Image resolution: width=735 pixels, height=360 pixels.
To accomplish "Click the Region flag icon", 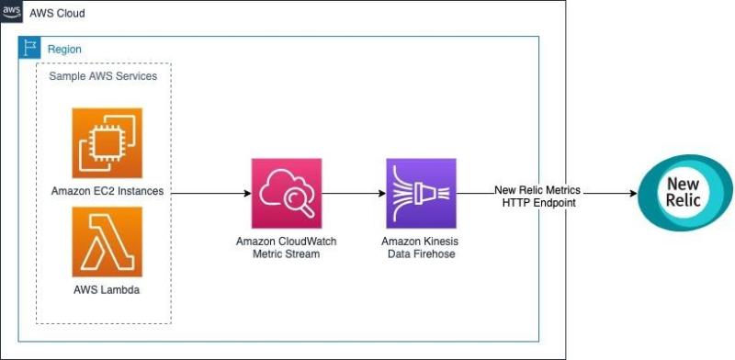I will pos(31,48).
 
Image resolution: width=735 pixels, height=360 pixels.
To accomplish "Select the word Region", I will pos(64,49).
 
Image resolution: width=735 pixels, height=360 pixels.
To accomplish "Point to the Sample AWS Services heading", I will pos(103,76).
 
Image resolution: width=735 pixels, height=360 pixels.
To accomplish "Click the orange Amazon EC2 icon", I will pos(107,141).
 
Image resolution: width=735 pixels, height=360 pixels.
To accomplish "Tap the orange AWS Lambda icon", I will pos(107,242).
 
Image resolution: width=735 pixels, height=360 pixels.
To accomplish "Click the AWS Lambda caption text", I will pos(107,289).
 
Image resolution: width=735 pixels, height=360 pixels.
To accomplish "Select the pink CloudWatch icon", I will pos(287,193).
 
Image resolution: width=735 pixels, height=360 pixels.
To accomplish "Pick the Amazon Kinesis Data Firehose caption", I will pos(420,246).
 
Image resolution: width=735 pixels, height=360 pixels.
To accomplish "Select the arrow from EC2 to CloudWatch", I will pos(211,194).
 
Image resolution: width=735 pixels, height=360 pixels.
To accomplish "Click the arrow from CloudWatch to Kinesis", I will pos(354,194).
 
